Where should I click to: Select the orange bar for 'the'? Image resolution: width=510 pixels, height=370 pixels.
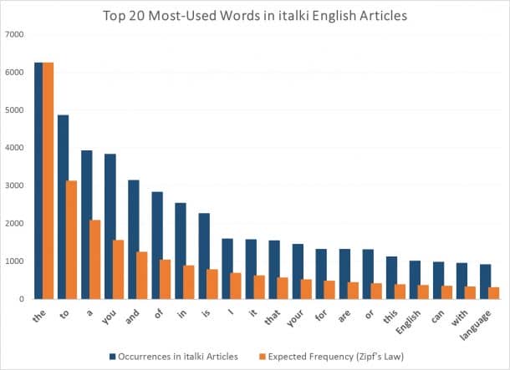(x=48, y=180)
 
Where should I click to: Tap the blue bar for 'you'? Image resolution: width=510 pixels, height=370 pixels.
(x=110, y=226)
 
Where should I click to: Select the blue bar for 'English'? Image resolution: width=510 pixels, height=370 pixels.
(x=415, y=279)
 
